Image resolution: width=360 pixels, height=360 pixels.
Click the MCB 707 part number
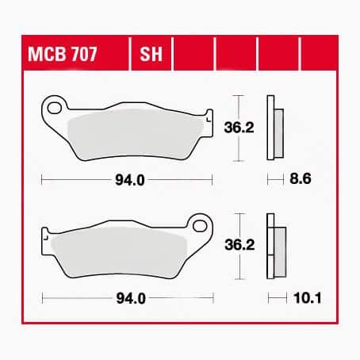pyautogui.click(x=73, y=56)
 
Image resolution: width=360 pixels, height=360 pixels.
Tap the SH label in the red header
pyautogui.click(x=148, y=56)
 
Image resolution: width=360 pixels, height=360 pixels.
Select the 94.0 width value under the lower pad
pyautogui.click(x=129, y=299)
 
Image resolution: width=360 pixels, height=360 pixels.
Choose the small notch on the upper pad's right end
pyautogui.click(x=210, y=119)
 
